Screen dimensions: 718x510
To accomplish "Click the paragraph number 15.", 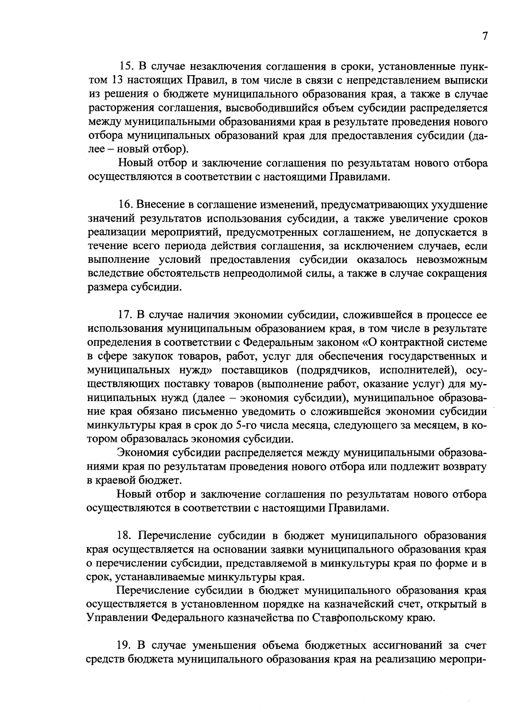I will point(127,67).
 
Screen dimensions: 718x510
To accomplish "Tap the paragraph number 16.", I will point(126,205).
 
